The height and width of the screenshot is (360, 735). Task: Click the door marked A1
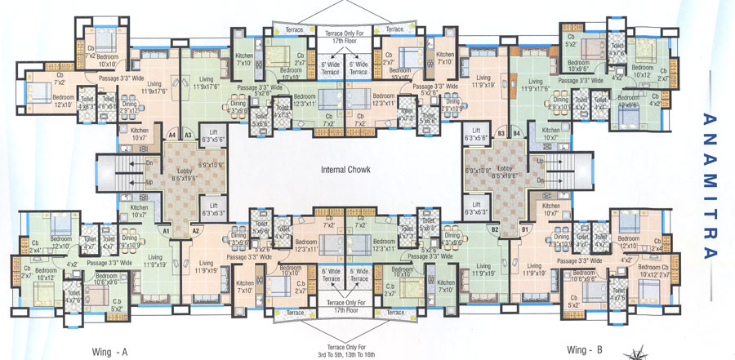coord(166,231)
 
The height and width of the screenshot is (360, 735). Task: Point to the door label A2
coord(195,231)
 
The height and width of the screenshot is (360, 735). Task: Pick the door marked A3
coord(187,134)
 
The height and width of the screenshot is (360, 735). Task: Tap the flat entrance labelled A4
coord(171,134)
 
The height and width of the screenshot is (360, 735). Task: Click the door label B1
coord(525,231)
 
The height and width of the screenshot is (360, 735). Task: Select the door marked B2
coord(495,231)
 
